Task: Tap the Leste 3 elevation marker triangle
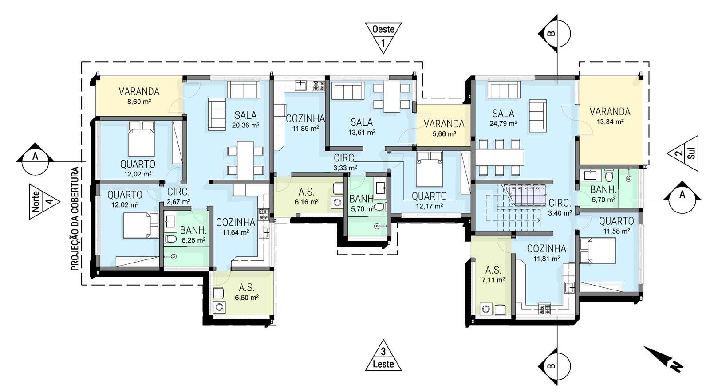(383, 356)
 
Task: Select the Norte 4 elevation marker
(44, 201)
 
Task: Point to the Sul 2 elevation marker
(682, 153)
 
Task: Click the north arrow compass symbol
(663, 359)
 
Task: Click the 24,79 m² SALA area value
(503, 123)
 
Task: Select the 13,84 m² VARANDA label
(610, 116)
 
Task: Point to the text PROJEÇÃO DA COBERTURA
(75, 219)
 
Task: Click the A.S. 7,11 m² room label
(493, 274)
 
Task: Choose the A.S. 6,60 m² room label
(247, 292)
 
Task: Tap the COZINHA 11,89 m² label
(305, 123)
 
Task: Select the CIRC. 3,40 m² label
(560, 208)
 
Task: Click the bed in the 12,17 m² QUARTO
(429, 169)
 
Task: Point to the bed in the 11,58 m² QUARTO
(597, 251)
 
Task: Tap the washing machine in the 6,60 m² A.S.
(219, 307)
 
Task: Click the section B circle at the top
(557, 33)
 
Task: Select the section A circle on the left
(35, 161)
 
